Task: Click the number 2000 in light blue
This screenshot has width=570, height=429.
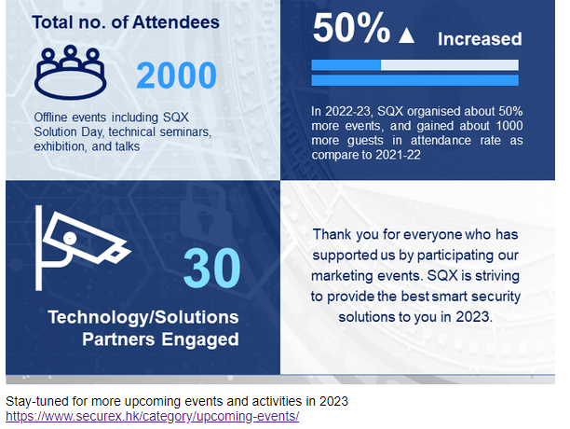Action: click(x=177, y=76)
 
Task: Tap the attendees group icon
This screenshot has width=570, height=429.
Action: click(x=70, y=73)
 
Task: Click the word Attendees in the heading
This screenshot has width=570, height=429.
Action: click(x=176, y=22)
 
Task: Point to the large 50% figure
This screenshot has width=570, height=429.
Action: click(x=351, y=28)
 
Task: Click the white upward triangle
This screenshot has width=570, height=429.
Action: click(x=406, y=35)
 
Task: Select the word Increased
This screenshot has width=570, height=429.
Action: click(x=480, y=39)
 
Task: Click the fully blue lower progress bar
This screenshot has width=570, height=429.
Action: click(x=414, y=80)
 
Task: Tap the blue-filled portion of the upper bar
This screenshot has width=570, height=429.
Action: click(x=346, y=65)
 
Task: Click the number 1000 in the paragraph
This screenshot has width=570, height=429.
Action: click(x=509, y=126)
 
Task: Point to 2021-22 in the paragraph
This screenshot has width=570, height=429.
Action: click(x=398, y=155)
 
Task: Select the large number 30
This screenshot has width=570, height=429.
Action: click(x=212, y=269)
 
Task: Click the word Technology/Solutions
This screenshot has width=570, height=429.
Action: click(x=143, y=317)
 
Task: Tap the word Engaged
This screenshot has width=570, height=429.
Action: click(x=200, y=339)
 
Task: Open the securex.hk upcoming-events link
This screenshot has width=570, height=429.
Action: click(x=153, y=416)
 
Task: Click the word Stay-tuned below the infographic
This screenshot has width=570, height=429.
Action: click(x=37, y=401)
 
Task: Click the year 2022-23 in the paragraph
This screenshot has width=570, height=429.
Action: click(x=347, y=111)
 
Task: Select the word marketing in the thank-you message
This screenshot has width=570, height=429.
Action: click(x=342, y=276)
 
